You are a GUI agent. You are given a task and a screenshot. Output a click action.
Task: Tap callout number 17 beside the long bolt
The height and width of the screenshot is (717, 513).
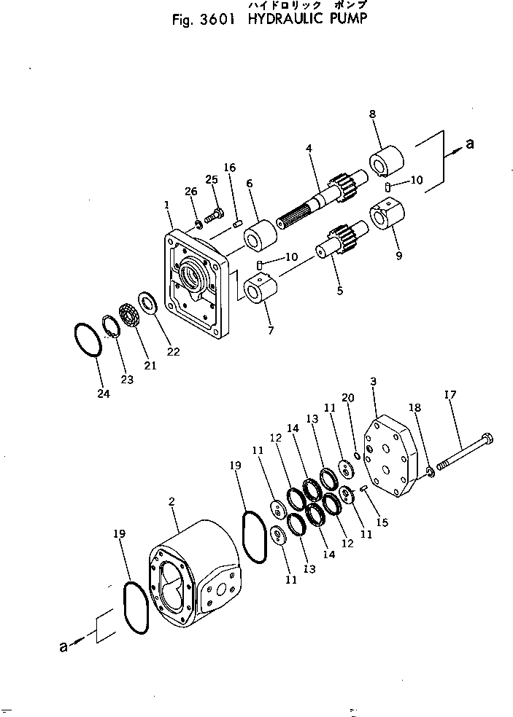[450, 396]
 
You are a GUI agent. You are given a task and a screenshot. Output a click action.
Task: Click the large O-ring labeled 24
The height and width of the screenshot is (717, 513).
[89, 340]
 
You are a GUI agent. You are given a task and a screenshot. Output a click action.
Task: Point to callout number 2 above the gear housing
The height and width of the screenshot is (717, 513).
[171, 501]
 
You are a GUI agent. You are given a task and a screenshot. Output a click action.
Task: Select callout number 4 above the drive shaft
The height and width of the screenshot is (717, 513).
[309, 149]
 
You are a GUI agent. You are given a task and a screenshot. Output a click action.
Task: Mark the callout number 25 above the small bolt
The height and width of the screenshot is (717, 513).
[212, 179]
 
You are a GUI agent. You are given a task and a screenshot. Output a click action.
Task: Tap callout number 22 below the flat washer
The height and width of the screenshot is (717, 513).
[174, 352]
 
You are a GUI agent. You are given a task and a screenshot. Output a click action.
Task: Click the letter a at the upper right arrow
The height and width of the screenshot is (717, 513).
[469, 144]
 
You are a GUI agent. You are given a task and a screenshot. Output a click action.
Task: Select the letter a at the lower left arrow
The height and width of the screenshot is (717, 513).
[63, 645]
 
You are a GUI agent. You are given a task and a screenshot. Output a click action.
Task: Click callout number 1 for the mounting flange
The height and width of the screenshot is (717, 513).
[168, 206]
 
